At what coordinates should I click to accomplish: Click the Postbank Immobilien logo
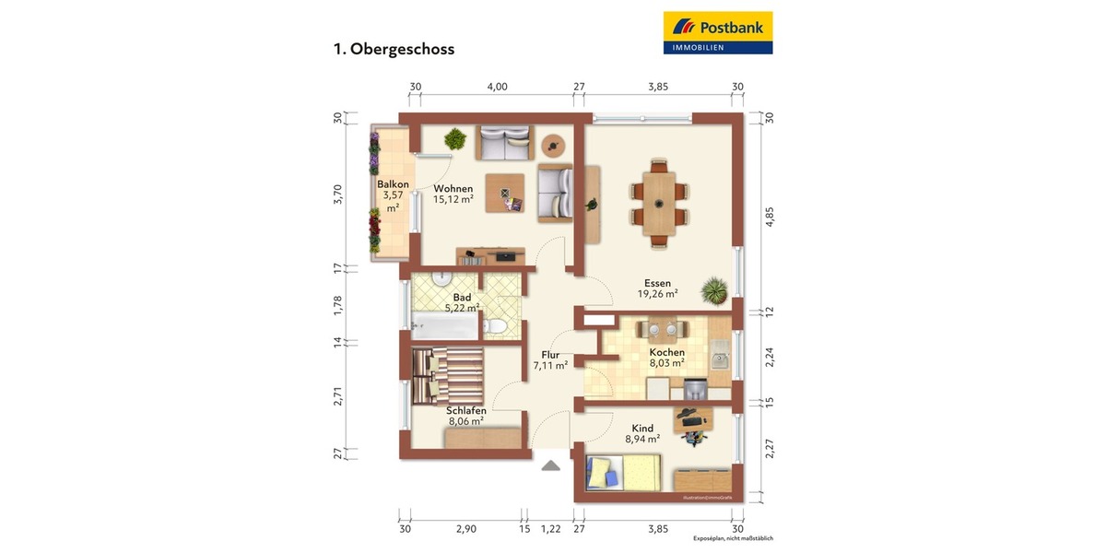coord(718,32)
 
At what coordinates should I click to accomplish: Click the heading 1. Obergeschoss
coord(394,49)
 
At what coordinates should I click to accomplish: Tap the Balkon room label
coord(393,184)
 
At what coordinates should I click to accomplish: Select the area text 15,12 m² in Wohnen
coord(453,199)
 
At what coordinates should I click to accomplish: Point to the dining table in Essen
coord(659,203)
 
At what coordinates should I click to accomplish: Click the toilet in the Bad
coord(498,325)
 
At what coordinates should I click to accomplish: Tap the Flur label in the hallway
coord(550,354)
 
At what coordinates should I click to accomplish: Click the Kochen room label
coord(666,352)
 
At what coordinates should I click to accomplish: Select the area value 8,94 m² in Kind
coord(642,440)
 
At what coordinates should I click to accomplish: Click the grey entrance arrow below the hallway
coord(550,465)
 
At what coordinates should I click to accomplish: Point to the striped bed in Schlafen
coord(447,375)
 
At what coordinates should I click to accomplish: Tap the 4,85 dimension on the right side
coord(771,216)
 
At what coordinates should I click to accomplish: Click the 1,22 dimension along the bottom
coord(550,529)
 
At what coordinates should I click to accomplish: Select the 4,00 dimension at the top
coord(497,87)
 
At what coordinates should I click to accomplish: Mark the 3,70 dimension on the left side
coord(338,194)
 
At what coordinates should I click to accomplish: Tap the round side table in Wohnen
coord(553,144)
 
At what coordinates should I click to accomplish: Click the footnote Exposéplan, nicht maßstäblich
coord(733,537)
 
